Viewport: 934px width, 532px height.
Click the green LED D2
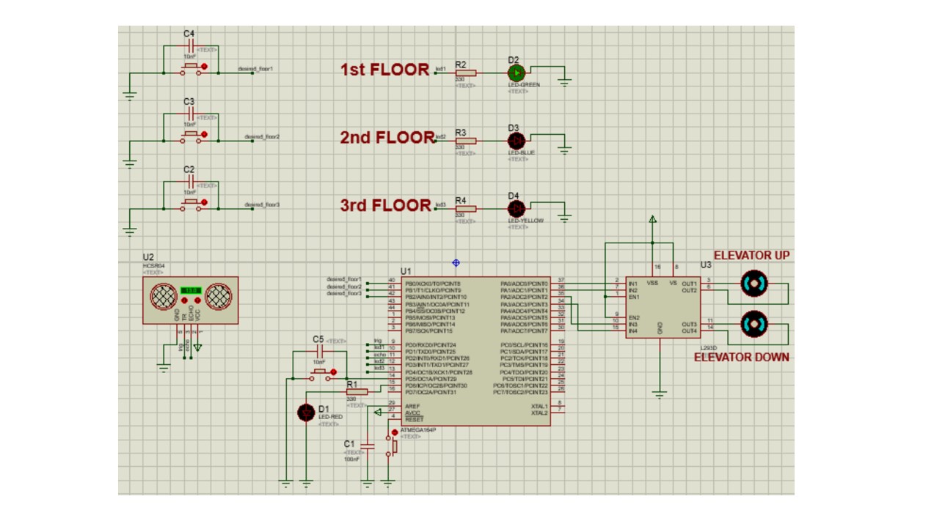[x=517, y=73]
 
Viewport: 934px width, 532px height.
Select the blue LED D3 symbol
[x=517, y=140]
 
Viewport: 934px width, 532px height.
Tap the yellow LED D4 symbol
[x=517, y=207]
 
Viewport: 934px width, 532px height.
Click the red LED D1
[x=306, y=413]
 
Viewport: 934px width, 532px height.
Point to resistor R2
[x=465, y=73]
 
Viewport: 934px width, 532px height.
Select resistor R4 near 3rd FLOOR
[x=465, y=208]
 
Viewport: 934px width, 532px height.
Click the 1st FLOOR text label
[x=384, y=70]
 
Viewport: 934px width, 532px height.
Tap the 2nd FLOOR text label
[x=387, y=137]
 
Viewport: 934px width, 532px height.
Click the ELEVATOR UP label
[x=751, y=255]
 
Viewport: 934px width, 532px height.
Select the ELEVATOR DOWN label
[x=742, y=357]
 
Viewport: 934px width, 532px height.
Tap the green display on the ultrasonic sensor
[x=191, y=291]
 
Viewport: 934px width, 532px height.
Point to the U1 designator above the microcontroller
[x=406, y=271]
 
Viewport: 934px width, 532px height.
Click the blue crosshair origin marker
[x=456, y=262]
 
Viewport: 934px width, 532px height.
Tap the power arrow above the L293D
[x=652, y=219]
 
